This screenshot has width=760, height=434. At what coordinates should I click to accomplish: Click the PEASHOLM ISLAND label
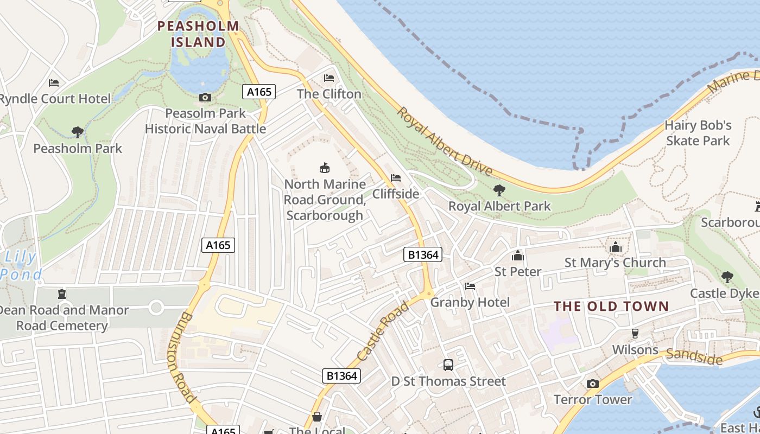point(198,34)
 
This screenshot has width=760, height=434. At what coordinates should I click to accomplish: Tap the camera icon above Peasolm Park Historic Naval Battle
point(205,98)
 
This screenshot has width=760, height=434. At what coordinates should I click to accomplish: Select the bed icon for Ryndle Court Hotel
point(54,83)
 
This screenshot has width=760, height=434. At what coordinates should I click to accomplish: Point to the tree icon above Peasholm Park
point(78,132)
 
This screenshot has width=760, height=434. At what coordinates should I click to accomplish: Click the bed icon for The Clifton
point(329,78)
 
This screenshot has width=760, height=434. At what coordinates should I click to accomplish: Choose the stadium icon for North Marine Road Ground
point(325,168)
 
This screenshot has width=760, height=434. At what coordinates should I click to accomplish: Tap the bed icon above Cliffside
point(396,178)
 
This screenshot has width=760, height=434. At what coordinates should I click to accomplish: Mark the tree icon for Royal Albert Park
point(499,190)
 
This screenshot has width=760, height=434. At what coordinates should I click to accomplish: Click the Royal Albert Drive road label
point(445,142)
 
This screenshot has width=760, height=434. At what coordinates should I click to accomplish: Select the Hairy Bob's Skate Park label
point(698,133)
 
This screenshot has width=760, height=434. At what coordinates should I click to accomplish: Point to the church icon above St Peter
point(517,256)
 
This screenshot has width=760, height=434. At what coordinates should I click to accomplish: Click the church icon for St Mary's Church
point(615,247)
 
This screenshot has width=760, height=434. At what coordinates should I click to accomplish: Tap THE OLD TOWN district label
point(611,307)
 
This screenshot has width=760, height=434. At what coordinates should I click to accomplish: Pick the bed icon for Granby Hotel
point(470,286)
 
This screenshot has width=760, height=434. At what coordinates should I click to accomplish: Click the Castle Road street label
point(383,332)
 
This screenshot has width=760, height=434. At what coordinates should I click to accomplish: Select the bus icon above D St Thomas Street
point(448,365)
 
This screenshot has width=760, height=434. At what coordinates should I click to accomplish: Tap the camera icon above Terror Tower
point(593,384)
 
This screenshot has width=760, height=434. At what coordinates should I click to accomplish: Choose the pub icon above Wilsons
point(635,334)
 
